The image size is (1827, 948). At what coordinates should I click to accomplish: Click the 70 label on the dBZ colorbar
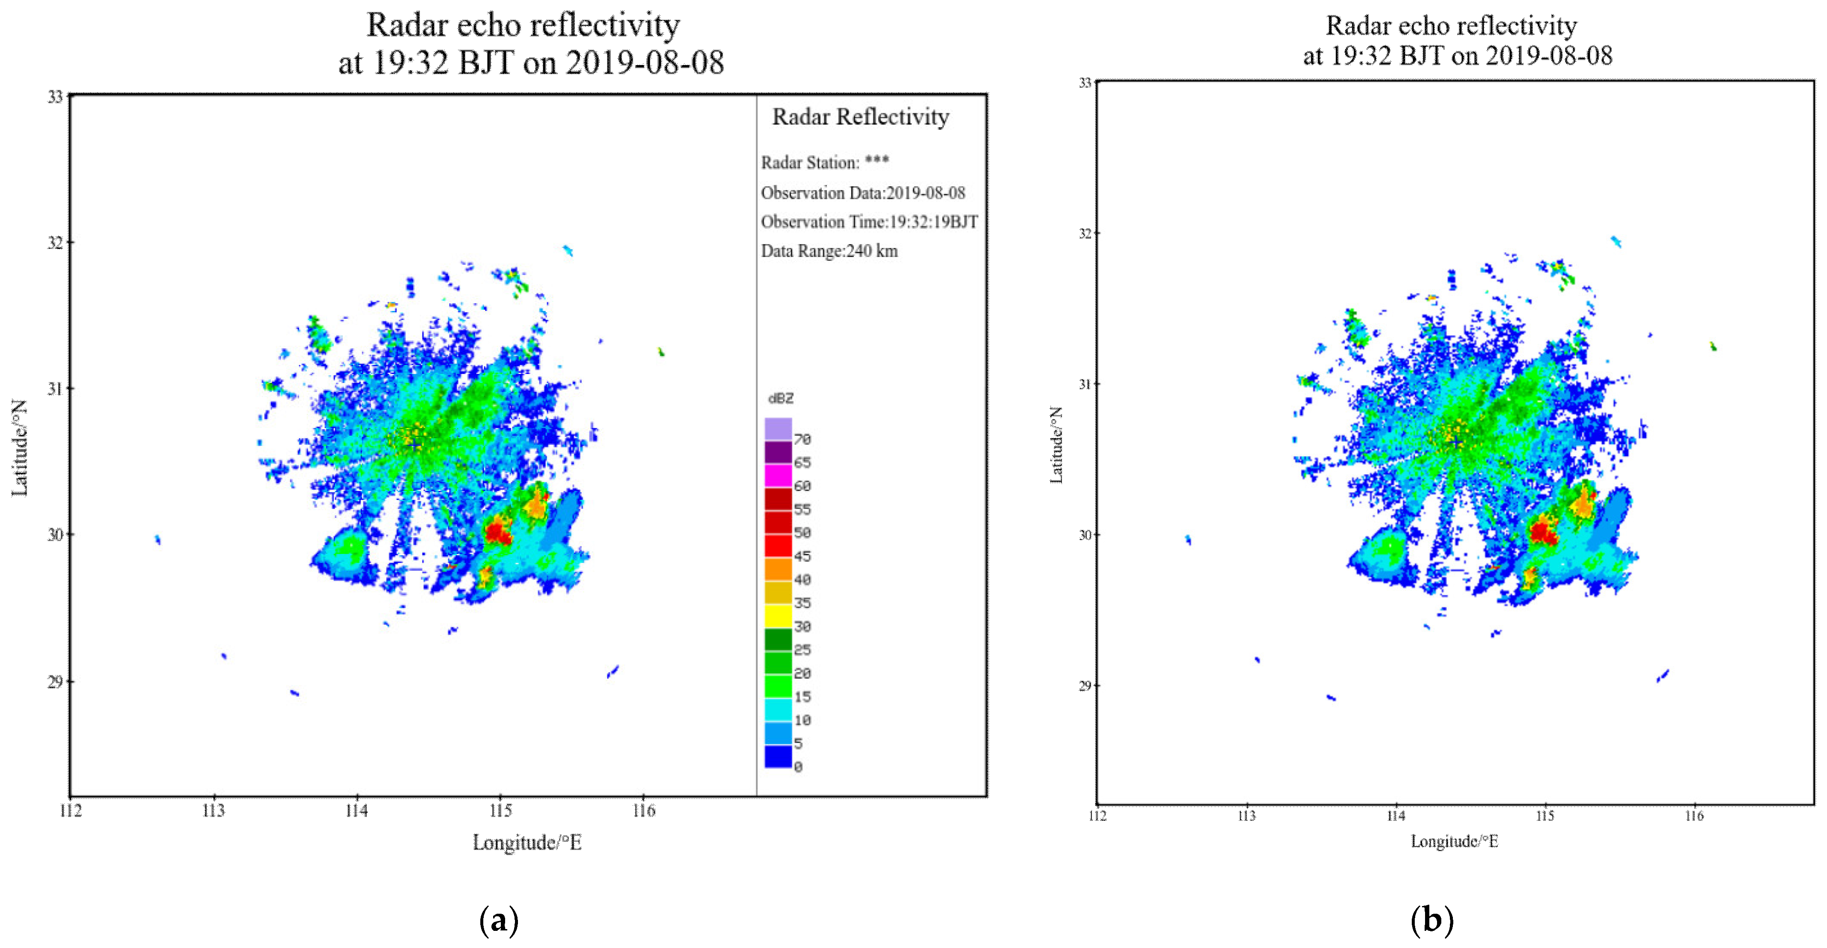click(802, 439)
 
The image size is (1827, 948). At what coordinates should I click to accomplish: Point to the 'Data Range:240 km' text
click(829, 251)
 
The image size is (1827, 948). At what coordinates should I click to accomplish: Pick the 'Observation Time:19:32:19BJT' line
click(869, 222)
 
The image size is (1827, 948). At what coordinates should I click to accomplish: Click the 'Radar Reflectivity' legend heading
click(860, 117)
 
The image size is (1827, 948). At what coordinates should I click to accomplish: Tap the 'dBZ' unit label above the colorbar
click(781, 399)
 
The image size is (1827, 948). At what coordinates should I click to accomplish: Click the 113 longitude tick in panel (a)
click(214, 810)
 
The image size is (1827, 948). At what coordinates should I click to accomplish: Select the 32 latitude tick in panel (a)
click(55, 242)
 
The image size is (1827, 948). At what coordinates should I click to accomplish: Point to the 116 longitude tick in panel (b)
click(1694, 816)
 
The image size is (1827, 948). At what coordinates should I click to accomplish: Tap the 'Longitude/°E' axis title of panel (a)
click(527, 843)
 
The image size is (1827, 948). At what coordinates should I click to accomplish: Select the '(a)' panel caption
click(499, 920)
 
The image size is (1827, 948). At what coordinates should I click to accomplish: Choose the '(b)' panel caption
click(1432, 920)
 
